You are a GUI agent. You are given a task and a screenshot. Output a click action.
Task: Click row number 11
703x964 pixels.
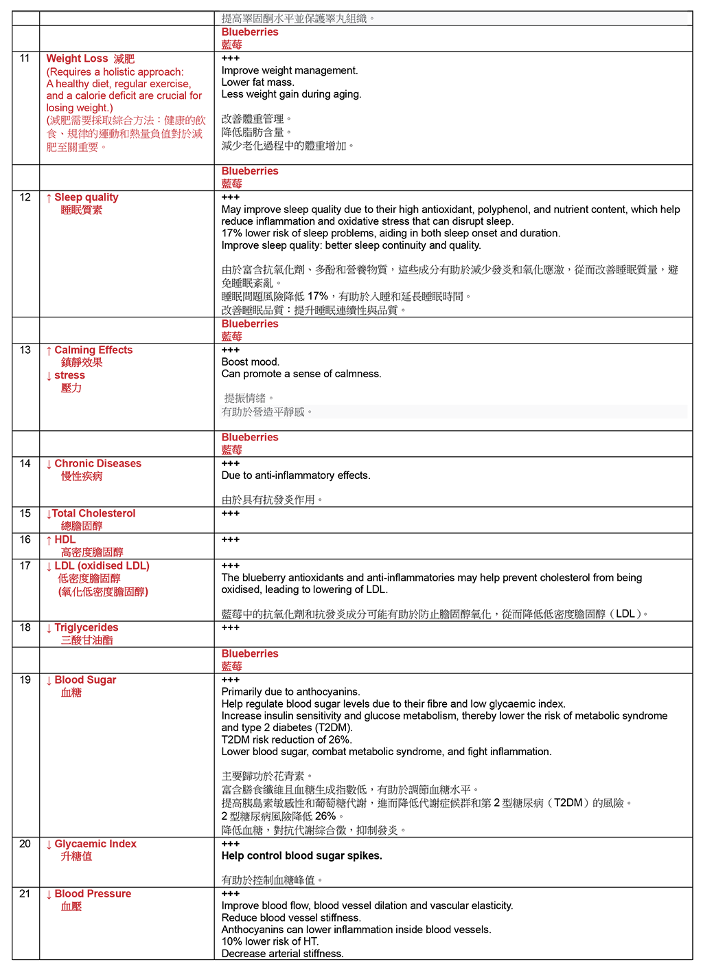point(25,58)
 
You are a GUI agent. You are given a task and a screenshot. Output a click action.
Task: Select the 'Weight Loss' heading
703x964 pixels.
point(77,59)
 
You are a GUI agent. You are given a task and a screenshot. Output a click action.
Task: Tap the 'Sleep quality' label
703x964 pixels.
point(86,197)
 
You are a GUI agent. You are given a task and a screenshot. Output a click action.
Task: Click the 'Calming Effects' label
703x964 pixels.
point(93,350)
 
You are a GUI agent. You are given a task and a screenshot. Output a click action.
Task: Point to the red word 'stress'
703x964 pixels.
point(69,375)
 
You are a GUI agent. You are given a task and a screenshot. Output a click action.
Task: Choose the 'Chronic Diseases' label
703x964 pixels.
point(97,464)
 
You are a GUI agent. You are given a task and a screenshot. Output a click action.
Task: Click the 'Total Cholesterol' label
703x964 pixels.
point(93,513)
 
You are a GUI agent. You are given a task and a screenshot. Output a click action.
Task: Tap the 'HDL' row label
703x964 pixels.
point(65,539)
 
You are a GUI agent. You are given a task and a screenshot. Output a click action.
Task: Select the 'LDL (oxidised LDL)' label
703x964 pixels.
point(102,565)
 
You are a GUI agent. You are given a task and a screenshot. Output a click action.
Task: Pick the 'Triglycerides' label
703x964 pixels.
point(86,627)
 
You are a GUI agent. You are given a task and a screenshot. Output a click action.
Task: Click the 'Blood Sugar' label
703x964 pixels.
point(85,680)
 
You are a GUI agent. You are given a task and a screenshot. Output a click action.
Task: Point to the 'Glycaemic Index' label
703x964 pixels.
point(95,844)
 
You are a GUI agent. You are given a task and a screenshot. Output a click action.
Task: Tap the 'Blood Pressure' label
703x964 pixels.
point(93,893)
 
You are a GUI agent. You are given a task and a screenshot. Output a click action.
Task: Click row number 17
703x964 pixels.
point(25,565)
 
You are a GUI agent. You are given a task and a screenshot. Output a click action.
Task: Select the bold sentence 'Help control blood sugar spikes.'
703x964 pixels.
point(301,855)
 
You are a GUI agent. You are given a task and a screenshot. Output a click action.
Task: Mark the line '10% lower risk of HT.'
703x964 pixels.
point(270,941)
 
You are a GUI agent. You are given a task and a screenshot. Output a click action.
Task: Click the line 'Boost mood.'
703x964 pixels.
point(251,362)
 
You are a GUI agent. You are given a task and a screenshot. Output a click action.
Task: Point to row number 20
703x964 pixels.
point(25,844)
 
